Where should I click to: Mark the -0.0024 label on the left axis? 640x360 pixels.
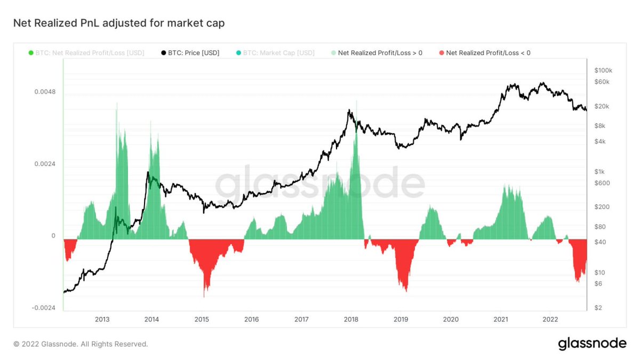[x=43, y=308]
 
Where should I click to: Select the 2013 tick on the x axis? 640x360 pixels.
[x=102, y=319]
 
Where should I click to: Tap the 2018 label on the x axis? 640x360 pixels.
[x=351, y=319]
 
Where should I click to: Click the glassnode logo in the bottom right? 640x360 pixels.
[x=592, y=344]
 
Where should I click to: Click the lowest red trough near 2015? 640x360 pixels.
[x=204, y=294]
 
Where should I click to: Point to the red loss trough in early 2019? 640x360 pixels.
[x=406, y=290]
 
